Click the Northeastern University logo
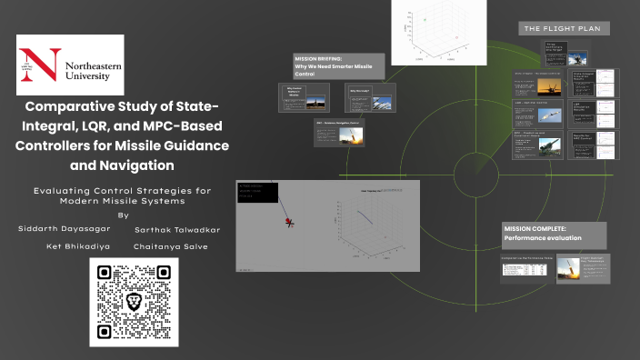pos(70,66)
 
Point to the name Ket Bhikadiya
pos(80,246)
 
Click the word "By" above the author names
pos(124,215)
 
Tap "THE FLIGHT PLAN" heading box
pos(565,29)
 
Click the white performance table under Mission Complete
pos(527,271)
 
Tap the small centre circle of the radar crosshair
pos(475,165)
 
